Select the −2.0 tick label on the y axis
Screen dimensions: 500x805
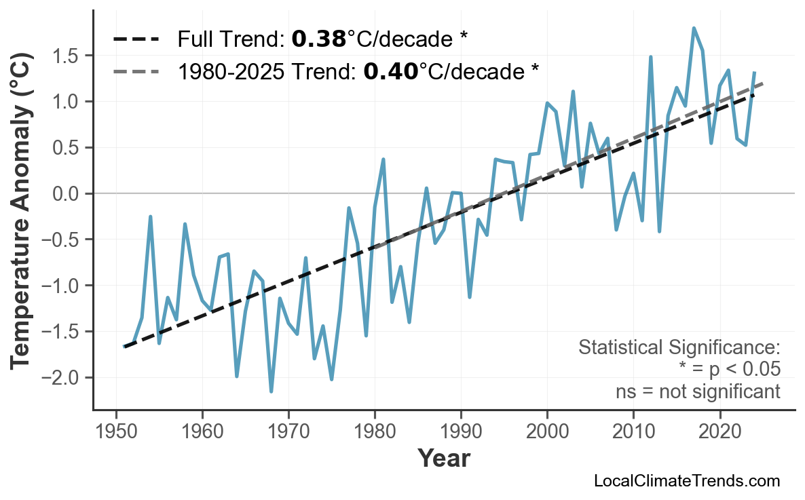coord(62,377)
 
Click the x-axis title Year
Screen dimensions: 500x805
coord(443,459)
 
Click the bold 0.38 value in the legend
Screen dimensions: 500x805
coord(318,39)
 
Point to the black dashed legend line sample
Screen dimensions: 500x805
coord(135,39)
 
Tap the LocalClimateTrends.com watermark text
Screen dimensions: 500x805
coord(686,481)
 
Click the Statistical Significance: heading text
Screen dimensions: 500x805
coord(679,347)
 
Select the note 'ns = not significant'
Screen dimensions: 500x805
coord(698,391)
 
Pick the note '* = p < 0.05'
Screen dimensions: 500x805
coord(729,370)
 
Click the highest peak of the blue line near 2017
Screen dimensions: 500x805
coord(694,28)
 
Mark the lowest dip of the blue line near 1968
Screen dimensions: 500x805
coord(272,391)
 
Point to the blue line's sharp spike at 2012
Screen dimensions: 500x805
coord(650,58)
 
